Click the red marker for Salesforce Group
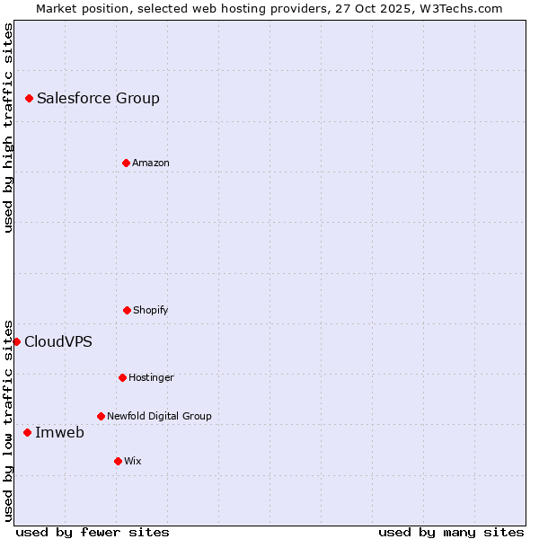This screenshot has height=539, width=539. click(x=29, y=98)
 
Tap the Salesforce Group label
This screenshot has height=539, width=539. click(x=98, y=99)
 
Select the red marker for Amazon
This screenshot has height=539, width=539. click(x=126, y=163)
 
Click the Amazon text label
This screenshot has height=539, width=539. click(x=151, y=163)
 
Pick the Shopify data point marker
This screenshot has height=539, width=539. click(x=127, y=310)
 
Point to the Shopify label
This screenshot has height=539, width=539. click(x=151, y=311)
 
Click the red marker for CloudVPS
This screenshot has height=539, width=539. click(x=16, y=341)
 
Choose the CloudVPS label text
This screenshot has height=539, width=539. click(x=57, y=342)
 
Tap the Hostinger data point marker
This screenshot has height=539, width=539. click(x=122, y=377)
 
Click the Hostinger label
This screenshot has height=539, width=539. click(x=151, y=378)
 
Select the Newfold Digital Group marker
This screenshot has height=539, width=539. click(x=101, y=416)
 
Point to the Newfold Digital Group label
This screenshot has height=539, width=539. click(x=159, y=417)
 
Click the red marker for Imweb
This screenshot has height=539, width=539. click(x=27, y=432)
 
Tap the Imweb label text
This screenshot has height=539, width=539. click(x=59, y=433)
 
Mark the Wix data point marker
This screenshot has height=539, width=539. click(x=118, y=461)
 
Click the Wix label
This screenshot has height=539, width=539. click(x=133, y=462)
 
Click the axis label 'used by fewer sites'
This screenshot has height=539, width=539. click(x=93, y=533)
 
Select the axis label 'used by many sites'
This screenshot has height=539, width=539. click(x=451, y=533)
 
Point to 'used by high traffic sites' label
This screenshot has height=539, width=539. click(x=8, y=128)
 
